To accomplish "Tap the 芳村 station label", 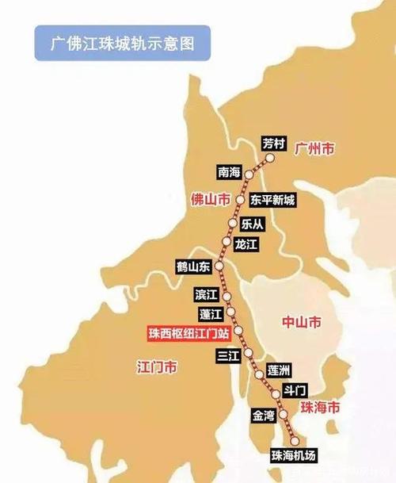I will click(272, 144).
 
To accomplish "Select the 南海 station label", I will click(227, 171).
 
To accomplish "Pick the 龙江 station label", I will click(247, 246).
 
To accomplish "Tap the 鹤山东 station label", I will click(193, 267).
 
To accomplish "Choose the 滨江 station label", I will click(206, 295).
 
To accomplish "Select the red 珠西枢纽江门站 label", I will click(188, 334).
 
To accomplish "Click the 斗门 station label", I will click(294, 392).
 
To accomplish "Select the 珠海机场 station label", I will click(293, 455).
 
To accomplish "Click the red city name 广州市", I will click(314, 148).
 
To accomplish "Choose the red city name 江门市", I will click(157, 367).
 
